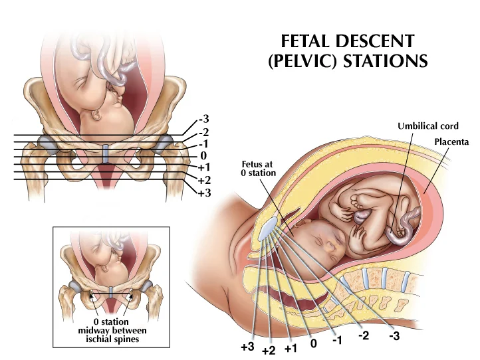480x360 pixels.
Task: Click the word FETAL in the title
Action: (x=303, y=41)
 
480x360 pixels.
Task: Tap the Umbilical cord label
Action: (x=427, y=126)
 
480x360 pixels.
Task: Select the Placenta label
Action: (x=452, y=141)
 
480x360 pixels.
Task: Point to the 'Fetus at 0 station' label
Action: (x=257, y=168)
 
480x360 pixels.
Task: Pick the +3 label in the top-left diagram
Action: (x=204, y=193)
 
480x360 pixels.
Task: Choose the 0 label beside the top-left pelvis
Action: (x=203, y=156)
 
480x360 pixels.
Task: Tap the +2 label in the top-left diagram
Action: (x=204, y=180)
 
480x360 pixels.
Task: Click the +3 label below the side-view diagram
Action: (x=247, y=347)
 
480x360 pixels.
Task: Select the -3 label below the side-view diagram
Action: (x=394, y=335)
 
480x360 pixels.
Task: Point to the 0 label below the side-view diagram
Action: (x=313, y=344)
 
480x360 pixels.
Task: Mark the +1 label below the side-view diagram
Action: (x=291, y=348)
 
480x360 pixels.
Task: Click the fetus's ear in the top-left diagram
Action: (x=98, y=116)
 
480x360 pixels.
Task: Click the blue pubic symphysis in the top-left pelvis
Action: (x=107, y=153)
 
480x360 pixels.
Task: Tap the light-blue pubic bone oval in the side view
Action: (x=266, y=229)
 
